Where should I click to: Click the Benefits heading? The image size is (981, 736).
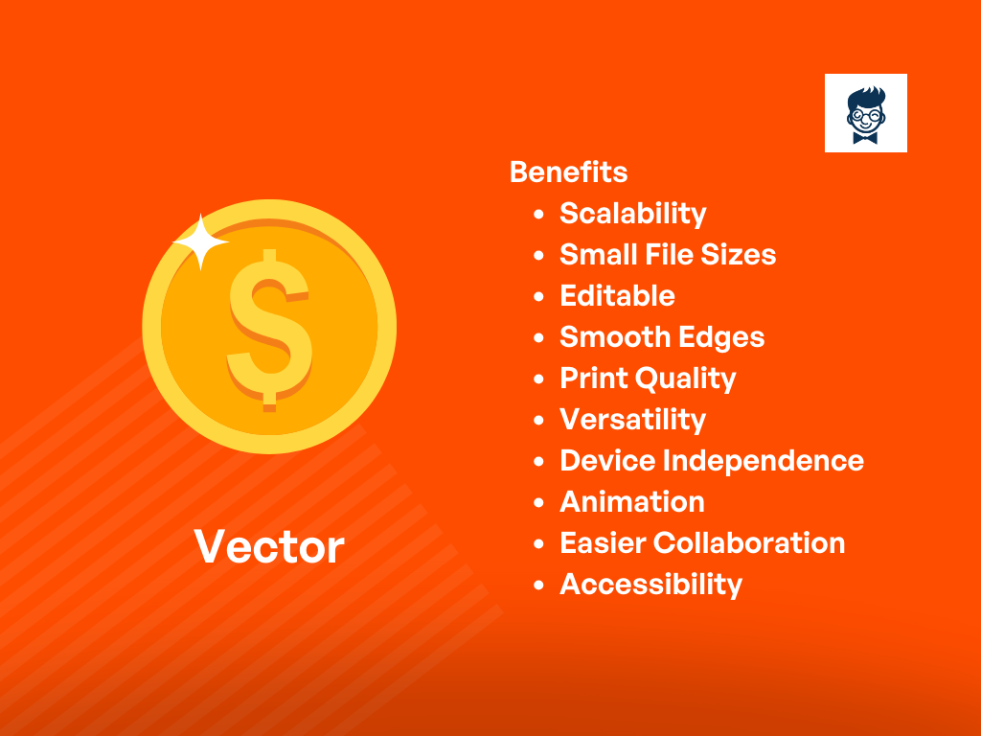(x=568, y=172)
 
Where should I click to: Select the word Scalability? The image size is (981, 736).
(x=632, y=214)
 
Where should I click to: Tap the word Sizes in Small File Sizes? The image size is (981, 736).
(x=739, y=255)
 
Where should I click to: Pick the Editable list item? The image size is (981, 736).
(x=617, y=296)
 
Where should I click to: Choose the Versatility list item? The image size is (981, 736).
(x=632, y=420)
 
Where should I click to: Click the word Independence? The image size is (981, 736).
(x=763, y=461)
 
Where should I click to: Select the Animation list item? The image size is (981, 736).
(x=632, y=502)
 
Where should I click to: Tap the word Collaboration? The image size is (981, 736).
(x=749, y=543)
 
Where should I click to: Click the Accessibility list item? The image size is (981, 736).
(x=650, y=586)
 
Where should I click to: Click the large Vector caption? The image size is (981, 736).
(x=269, y=547)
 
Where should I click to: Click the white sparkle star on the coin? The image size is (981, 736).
(x=201, y=241)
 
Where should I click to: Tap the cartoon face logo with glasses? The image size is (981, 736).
(x=866, y=113)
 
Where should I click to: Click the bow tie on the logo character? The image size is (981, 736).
(x=865, y=137)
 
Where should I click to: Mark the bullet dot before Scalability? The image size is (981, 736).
(x=538, y=215)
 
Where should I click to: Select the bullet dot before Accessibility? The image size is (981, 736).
(x=538, y=586)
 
